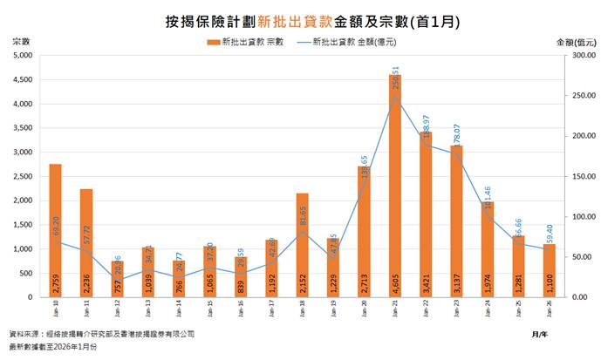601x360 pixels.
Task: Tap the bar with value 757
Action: [x=117, y=279]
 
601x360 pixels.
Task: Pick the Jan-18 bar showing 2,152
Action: [x=303, y=245]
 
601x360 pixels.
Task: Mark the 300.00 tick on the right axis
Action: [x=572, y=55]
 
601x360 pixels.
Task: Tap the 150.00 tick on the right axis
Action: [x=572, y=176]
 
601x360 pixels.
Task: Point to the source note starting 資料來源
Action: [x=101, y=335]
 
